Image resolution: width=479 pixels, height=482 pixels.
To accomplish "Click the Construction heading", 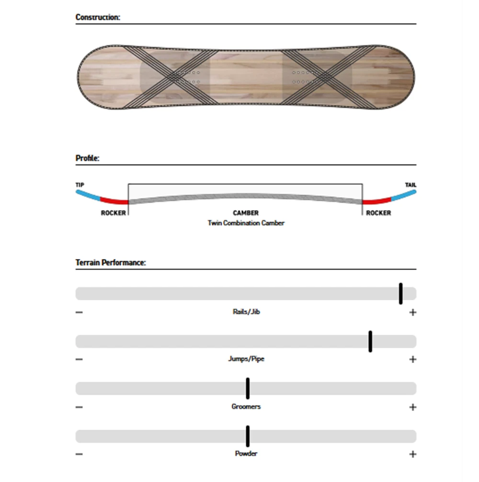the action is point(98,17).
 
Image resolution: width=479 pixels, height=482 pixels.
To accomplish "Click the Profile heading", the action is point(88,158).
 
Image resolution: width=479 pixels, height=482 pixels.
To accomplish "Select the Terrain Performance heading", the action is point(111,262).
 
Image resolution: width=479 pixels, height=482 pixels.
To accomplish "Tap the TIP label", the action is point(80,185).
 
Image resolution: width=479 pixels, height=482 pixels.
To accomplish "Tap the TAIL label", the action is point(411,185).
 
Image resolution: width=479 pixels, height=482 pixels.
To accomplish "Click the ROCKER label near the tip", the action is point(114,213).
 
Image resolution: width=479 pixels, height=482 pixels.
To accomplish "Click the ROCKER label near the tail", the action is point(378,213).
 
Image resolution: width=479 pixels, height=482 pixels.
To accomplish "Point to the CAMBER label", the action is point(246,213).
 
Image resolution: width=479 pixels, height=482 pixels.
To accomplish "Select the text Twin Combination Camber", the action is point(246,223).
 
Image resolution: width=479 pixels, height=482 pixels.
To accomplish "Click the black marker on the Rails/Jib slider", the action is point(401,294).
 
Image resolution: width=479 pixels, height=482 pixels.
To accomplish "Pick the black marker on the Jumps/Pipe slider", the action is point(370,341).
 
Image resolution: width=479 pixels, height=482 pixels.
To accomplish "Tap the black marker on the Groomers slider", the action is point(248,388).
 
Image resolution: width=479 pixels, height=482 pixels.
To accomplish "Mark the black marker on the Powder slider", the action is point(248,436).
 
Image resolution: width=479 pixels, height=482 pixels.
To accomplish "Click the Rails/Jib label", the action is point(246,312).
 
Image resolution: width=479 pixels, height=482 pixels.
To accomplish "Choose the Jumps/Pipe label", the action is point(246,359).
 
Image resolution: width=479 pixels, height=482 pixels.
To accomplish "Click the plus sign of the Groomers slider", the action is point(413,407).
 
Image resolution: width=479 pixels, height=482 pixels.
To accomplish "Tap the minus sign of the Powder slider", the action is point(79,454).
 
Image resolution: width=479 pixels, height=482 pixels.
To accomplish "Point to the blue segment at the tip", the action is point(88,195).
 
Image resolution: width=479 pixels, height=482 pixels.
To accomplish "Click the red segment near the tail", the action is point(377,201).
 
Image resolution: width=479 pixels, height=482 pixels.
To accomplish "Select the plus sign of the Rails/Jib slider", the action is point(413,312).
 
